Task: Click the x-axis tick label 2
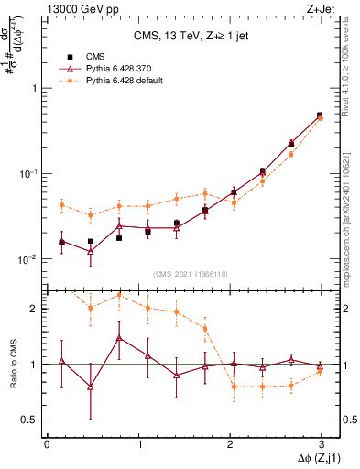point(230,443)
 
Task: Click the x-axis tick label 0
point(47,443)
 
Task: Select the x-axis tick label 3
point(322,443)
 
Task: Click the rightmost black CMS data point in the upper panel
point(320,115)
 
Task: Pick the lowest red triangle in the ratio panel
point(90,387)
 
